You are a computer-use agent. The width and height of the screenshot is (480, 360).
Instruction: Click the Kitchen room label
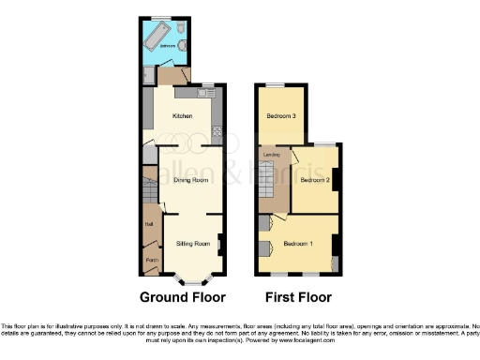click(x=182, y=116)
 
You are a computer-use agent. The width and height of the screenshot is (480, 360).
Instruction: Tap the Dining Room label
click(x=190, y=179)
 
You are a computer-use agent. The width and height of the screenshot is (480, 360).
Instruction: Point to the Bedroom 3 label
click(x=281, y=116)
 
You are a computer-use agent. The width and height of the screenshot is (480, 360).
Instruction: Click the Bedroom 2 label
click(x=315, y=179)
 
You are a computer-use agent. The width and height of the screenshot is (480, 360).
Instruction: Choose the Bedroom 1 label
click(x=297, y=244)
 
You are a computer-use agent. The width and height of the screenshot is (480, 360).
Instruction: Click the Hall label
click(x=149, y=223)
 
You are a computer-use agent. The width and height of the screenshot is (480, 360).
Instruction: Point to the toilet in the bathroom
click(x=184, y=45)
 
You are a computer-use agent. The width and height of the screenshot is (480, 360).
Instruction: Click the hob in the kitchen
click(x=216, y=131)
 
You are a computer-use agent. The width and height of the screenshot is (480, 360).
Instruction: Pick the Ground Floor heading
click(x=183, y=298)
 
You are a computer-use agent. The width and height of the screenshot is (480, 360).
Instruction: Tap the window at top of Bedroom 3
click(x=274, y=85)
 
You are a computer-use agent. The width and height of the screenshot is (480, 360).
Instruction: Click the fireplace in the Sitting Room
click(x=220, y=245)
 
